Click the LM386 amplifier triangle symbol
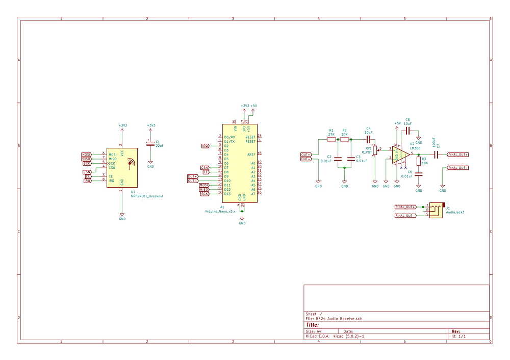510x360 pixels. click(x=400, y=154)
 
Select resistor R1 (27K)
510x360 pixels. click(x=331, y=139)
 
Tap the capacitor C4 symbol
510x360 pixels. click(x=368, y=139)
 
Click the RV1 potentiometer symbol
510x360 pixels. click(x=375, y=150)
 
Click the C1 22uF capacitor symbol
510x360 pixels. click(x=150, y=144)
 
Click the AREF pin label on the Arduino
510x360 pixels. click(x=251, y=154)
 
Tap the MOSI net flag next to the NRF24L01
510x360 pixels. click(x=86, y=154)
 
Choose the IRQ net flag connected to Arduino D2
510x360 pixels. click(x=205, y=145)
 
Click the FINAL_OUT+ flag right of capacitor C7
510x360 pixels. click(x=457, y=154)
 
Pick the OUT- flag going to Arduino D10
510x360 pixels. click(x=192, y=181)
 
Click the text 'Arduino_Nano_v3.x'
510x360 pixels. click(x=220, y=211)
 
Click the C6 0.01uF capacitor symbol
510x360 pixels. click(x=419, y=174)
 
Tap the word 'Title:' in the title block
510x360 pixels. click(x=313, y=325)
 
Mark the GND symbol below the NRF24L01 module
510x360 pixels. click(x=122, y=215)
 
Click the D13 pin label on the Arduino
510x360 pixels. click(x=227, y=194)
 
